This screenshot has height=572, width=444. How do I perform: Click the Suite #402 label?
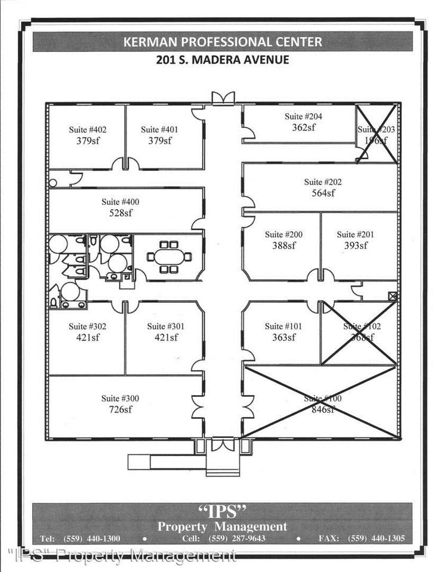(x=87, y=129)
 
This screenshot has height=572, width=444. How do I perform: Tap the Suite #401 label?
(x=159, y=129)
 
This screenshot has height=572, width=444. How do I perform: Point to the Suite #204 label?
(x=303, y=116)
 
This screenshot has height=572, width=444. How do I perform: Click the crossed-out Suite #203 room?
(x=377, y=134)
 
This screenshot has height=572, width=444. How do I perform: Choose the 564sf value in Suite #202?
(x=323, y=193)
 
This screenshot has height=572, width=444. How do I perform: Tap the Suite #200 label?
(x=283, y=234)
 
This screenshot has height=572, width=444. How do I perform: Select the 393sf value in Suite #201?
(x=355, y=245)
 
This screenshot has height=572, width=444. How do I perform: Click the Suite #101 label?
(x=283, y=326)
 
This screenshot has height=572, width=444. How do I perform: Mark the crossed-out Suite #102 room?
(x=359, y=332)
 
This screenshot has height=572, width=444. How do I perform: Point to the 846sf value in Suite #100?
(x=323, y=409)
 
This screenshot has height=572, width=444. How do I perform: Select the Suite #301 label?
(x=166, y=326)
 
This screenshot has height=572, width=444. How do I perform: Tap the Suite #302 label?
(x=87, y=326)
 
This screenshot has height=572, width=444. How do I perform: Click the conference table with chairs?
(x=169, y=257)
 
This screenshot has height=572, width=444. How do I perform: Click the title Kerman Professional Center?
(x=222, y=42)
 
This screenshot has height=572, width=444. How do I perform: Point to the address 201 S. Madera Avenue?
(x=222, y=60)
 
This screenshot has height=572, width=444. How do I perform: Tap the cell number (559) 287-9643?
(x=238, y=539)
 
